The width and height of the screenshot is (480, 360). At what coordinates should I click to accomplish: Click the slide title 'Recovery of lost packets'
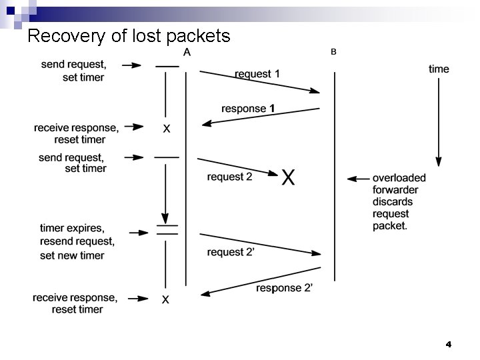click(x=129, y=35)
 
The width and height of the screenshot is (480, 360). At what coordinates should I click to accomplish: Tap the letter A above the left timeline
click(x=187, y=53)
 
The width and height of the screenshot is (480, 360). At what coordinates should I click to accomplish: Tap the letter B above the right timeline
click(x=333, y=52)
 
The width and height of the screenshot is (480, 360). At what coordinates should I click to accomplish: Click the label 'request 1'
click(x=257, y=74)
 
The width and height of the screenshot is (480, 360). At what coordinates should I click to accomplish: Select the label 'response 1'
click(x=249, y=108)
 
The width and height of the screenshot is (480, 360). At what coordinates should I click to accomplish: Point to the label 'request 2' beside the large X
click(x=229, y=177)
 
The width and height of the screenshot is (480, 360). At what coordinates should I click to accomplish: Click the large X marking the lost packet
click(x=288, y=177)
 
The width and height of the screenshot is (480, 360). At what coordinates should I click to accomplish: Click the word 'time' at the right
click(x=439, y=69)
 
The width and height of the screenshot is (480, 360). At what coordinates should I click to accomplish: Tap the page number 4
click(x=448, y=345)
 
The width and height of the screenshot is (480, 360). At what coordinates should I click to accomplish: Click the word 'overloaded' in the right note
click(x=399, y=178)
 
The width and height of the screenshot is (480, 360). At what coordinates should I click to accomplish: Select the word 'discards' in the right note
click(x=393, y=202)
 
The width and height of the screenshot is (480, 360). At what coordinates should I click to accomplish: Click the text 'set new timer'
click(x=72, y=255)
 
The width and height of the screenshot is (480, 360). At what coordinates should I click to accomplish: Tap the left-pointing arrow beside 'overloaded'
click(x=358, y=179)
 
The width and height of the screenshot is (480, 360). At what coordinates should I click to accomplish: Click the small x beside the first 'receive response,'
click(x=166, y=129)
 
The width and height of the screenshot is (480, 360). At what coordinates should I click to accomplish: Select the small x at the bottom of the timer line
click(x=165, y=301)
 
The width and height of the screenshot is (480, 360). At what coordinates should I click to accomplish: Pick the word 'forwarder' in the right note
click(x=395, y=190)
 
